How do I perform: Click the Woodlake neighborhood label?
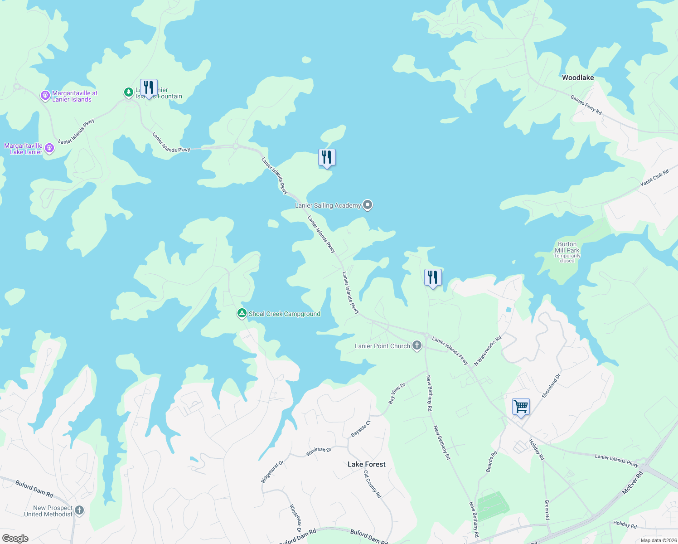click(x=577, y=78)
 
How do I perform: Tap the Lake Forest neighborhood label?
click(x=366, y=464)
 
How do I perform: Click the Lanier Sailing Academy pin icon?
click(x=368, y=205)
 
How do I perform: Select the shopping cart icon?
click(x=521, y=406)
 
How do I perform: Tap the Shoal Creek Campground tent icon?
click(x=242, y=313)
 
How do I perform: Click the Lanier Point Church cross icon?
click(x=416, y=346)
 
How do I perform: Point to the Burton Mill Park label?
click(x=567, y=248)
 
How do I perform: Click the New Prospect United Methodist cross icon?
click(x=79, y=510)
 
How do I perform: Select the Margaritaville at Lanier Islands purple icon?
click(x=45, y=96)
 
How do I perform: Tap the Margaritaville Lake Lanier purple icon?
click(x=49, y=148)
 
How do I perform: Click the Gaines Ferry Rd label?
click(x=586, y=105)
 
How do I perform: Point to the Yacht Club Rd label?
click(x=654, y=178)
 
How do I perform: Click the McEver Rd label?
click(x=632, y=483)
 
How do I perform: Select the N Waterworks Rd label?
click(x=488, y=350)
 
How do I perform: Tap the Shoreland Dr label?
click(x=551, y=386)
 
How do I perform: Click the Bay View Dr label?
click(x=397, y=393)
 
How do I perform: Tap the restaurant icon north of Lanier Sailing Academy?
click(x=326, y=157)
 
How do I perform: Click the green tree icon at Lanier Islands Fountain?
click(x=129, y=92)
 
